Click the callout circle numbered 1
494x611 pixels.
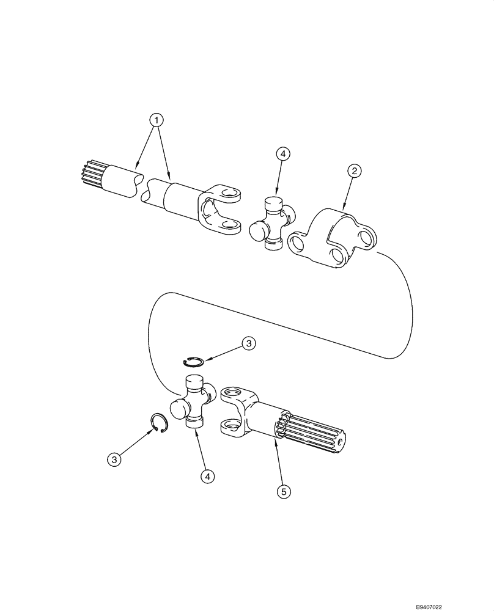coord(158,120)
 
